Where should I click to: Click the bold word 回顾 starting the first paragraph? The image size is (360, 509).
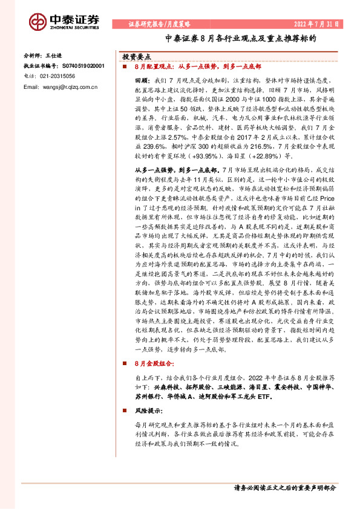tap(142, 80)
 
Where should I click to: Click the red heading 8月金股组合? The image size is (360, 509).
tap(155, 364)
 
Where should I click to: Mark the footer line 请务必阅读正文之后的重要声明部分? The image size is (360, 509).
tap(284, 487)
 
